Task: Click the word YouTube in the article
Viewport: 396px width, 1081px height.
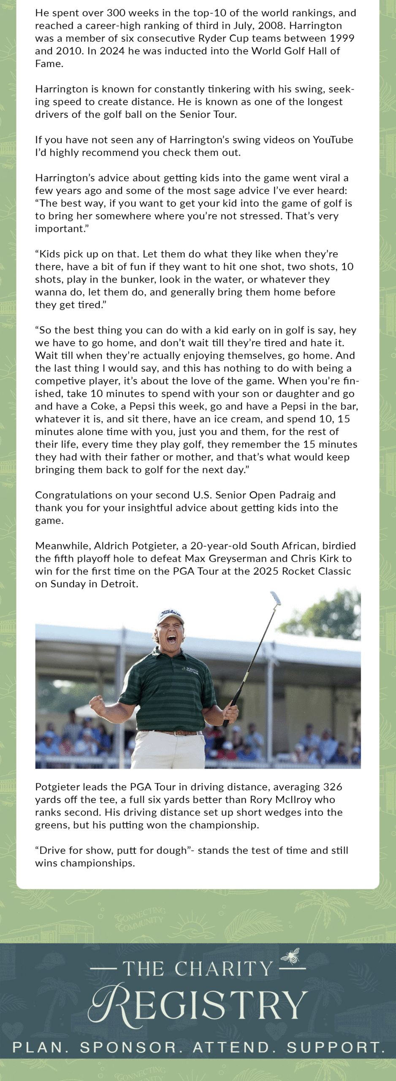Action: tap(333, 140)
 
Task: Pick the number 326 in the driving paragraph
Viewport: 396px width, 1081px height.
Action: tap(333, 787)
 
